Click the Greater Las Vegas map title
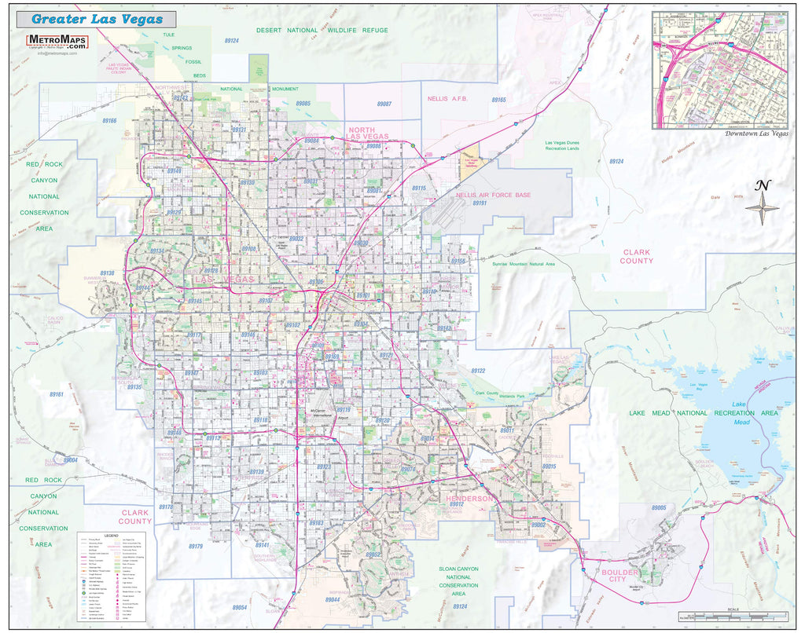97,19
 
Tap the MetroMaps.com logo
57,42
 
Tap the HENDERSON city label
469,499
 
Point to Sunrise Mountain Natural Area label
513,265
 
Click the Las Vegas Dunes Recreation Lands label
561,145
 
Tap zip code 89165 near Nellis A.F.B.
498,100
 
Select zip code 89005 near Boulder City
658,508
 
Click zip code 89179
195,546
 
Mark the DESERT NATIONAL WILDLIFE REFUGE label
322,30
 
